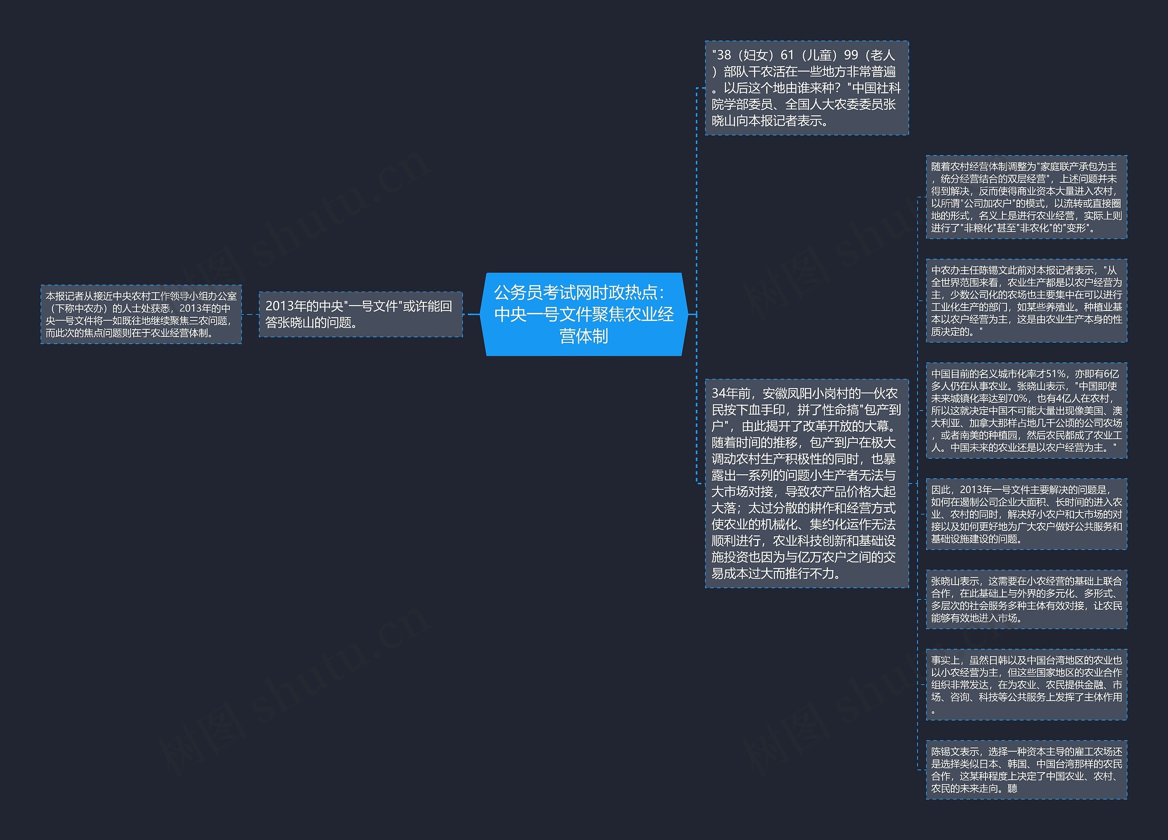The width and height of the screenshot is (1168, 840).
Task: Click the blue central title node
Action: (x=584, y=314)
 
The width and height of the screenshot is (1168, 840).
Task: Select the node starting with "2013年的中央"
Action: (x=360, y=314)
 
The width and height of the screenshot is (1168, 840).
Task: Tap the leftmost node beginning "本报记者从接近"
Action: (x=141, y=314)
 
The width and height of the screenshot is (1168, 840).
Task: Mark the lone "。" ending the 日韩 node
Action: (x=933, y=711)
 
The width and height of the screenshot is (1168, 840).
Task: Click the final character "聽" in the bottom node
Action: (x=1012, y=788)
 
